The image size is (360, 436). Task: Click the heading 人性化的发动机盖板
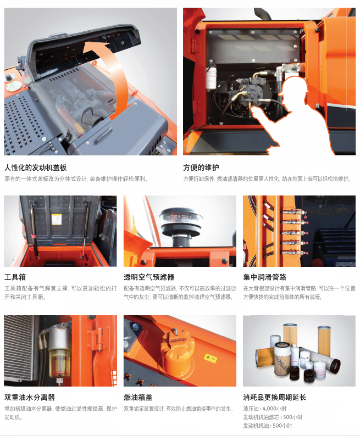coord(35,167)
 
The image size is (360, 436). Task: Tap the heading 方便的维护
coord(201,167)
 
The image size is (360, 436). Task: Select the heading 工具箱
coord(15,277)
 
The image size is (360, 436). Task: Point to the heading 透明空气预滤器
coord(149,277)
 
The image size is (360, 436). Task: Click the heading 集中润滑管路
coord(264,277)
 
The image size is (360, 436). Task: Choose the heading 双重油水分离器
coord(30,398)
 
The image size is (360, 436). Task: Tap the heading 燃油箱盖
coord(138,398)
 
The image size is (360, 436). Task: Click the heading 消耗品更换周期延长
coord(275,398)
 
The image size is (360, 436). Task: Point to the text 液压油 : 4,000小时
coord(264,409)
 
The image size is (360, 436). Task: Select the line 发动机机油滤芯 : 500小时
coord(273,417)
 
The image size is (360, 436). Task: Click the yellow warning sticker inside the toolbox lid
coord(57,220)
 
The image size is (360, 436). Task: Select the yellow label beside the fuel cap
coord(211,358)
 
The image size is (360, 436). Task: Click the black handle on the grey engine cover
coord(102,136)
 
